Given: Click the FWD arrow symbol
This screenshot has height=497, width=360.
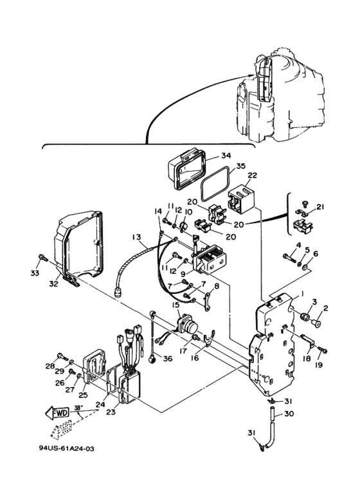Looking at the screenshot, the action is (57, 413).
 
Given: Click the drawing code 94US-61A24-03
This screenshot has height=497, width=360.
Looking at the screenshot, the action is (67, 449).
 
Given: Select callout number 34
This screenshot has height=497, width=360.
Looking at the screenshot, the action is (226, 156).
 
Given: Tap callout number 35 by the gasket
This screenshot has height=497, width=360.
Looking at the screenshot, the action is (241, 167).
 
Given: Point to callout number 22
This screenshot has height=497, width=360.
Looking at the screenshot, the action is (253, 176).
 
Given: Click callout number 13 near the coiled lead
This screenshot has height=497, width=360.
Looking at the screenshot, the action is (137, 237).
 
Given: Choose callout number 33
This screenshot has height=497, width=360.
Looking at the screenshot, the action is (35, 273).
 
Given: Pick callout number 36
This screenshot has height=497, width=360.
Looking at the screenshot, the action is (168, 359).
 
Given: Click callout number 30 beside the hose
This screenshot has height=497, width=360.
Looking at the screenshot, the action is (289, 413).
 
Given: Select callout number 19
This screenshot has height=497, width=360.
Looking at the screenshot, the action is (319, 365).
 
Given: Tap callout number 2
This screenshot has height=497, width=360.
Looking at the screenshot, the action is (325, 308).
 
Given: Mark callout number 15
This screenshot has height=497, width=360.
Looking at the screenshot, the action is (175, 305).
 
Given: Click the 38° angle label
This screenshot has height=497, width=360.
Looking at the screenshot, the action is (78, 408).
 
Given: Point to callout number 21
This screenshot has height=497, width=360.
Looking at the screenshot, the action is (320, 207).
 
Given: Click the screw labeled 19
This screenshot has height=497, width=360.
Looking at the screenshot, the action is (323, 350).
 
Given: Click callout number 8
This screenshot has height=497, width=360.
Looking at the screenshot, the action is (217, 286).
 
